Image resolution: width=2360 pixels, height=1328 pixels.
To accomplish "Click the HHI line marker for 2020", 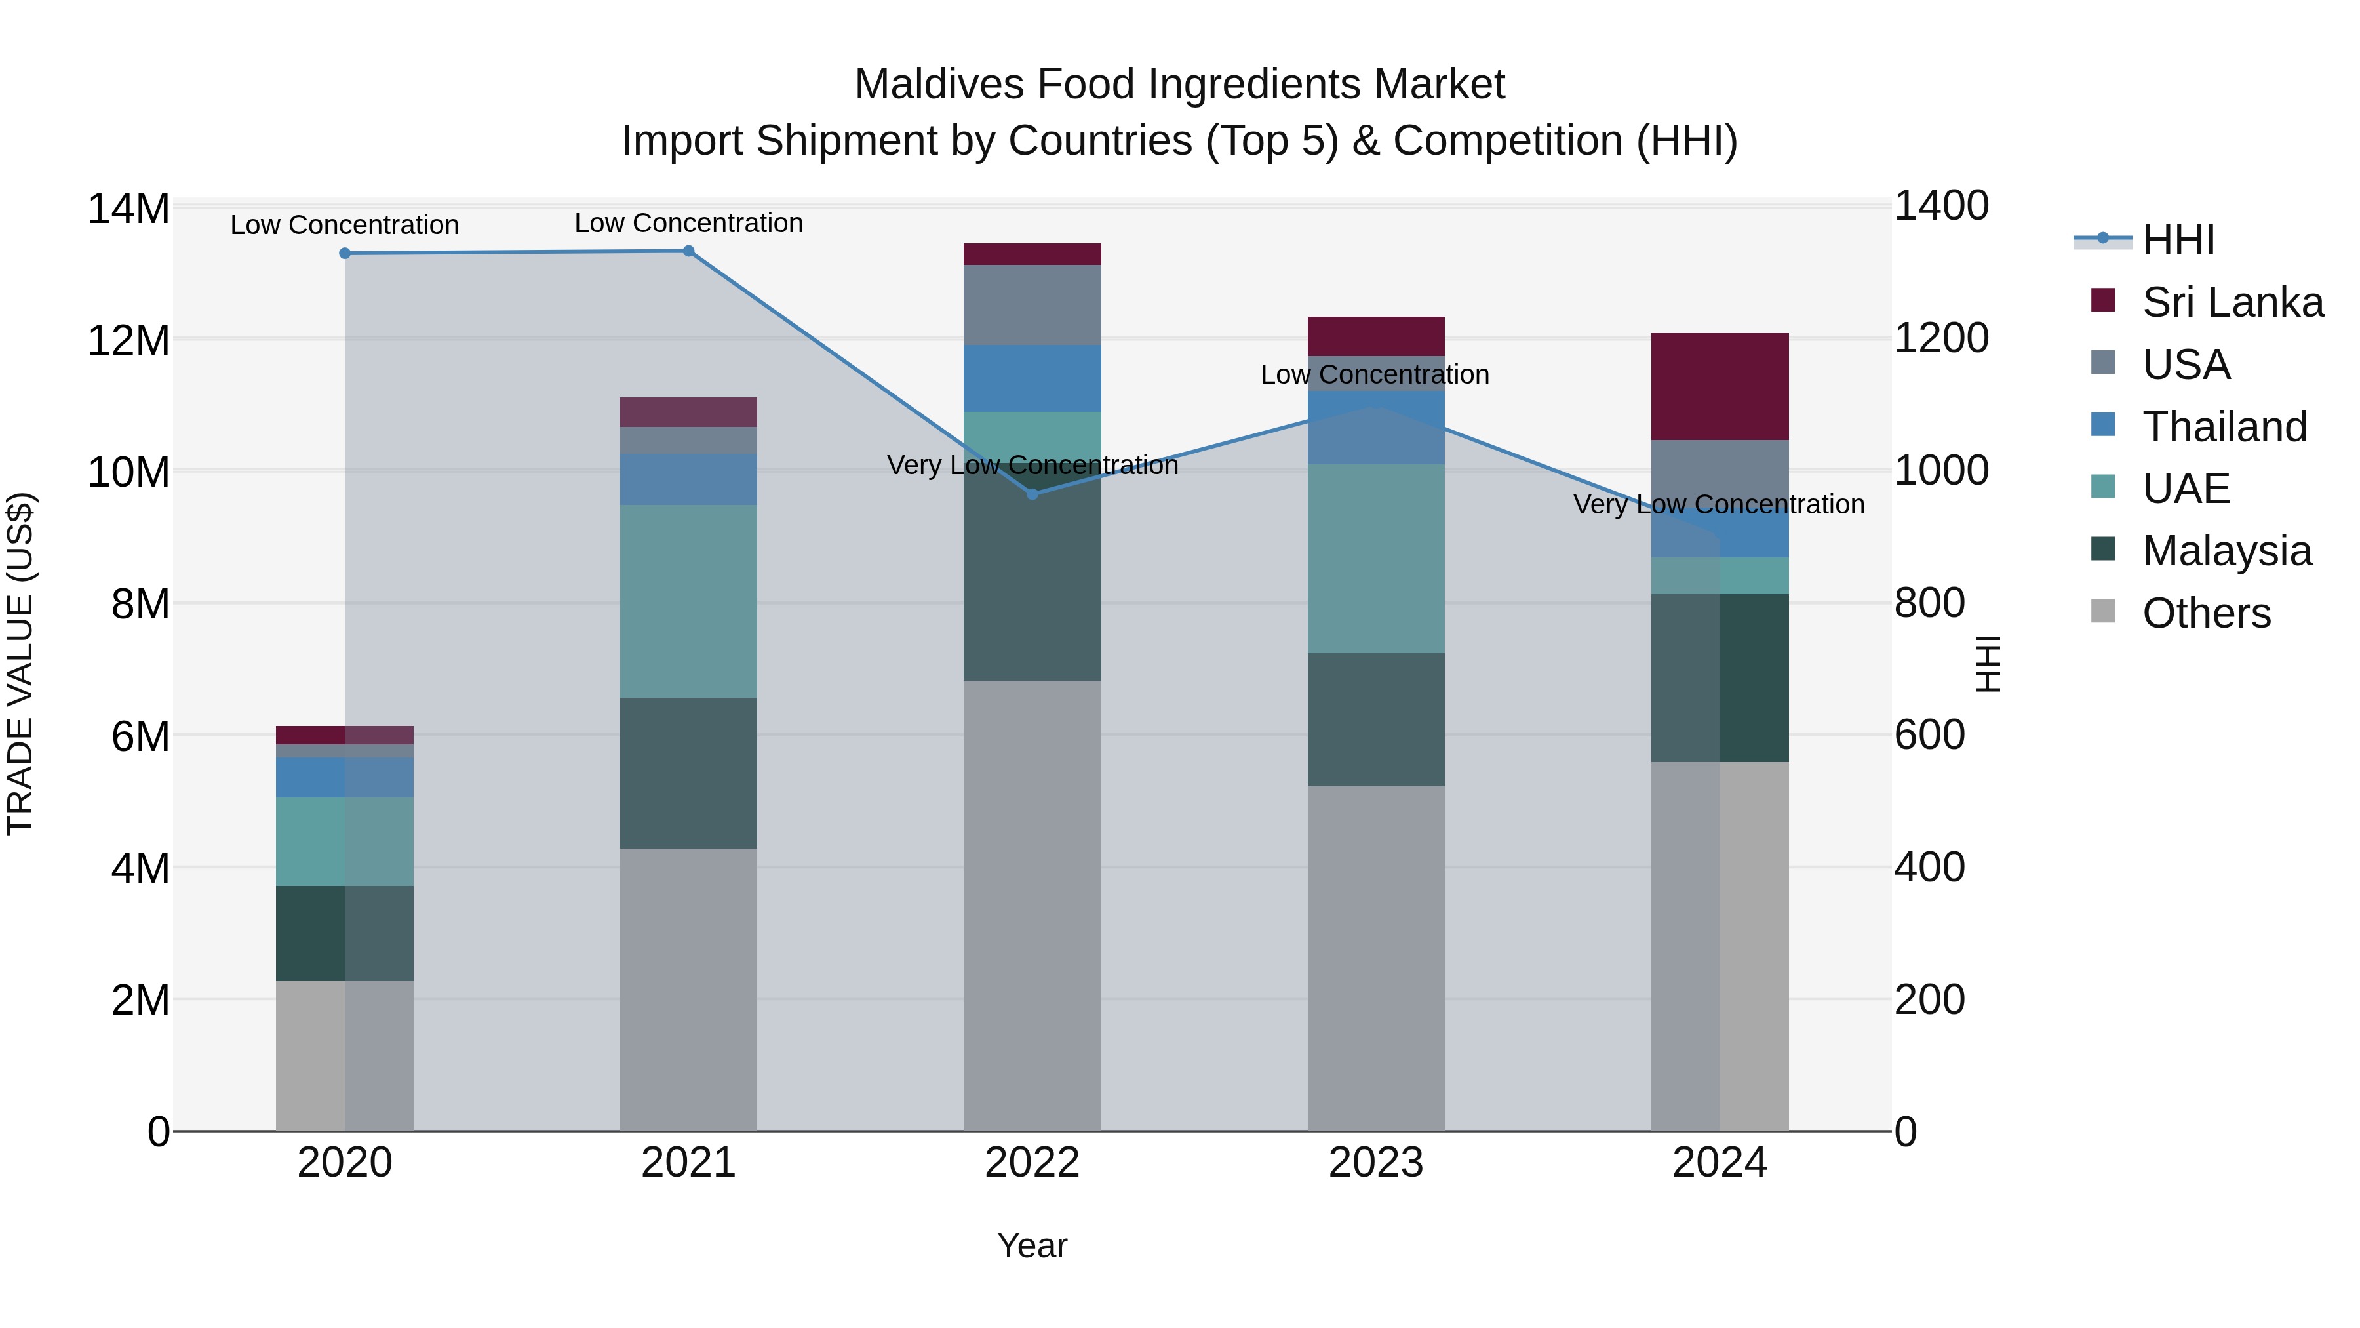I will pyautogui.click(x=344, y=253).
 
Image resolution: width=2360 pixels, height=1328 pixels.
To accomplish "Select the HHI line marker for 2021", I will pyautogui.click(x=688, y=251).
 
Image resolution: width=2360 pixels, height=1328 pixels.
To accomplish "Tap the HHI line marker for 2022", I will pyautogui.click(x=1032, y=494).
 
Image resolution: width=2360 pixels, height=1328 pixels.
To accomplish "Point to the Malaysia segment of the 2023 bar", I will pyautogui.click(x=1375, y=719).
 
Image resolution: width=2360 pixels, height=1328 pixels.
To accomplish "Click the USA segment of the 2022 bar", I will pyautogui.click(x=1032, y=304).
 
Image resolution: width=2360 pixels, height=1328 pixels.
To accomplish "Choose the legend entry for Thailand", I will pyautogui.click(x=2224, y=426).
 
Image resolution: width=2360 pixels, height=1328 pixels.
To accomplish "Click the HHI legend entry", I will pyautogui.click(x=2178, y=240).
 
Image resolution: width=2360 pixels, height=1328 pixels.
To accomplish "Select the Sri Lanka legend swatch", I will pyautogui.click(x=2104, y=300).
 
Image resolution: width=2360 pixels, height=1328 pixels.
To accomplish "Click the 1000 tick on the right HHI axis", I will pyautogui.click(x=1940, y=470).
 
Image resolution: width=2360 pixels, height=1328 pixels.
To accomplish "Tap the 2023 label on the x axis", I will pyautogui.click(x=1375, y=1163).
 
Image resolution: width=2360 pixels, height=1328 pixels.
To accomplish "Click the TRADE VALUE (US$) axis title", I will pyautogui.click(x=20, y=664).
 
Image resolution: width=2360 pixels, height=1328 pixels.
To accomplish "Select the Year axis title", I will pyautogui.click(x=1032, y=1245).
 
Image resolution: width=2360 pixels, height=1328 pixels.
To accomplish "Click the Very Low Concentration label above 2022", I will pyautogui.click(x=1032, y=465).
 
